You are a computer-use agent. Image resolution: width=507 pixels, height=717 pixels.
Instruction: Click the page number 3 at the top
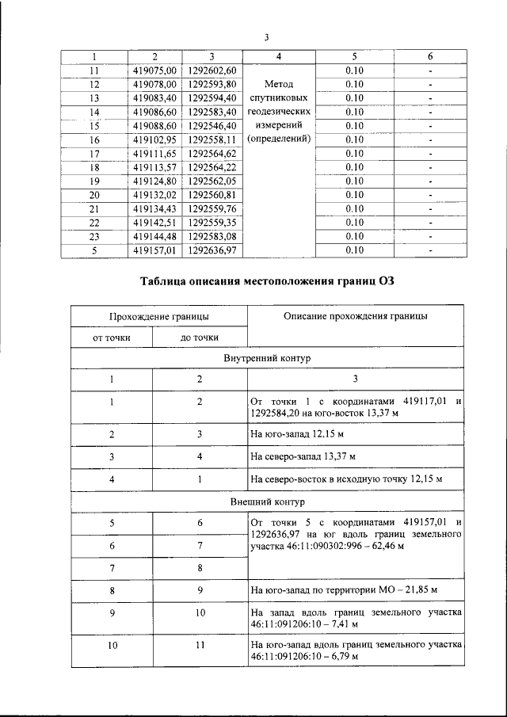tap(267, 36)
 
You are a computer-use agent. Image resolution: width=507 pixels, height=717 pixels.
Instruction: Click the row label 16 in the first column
tap(94, 139)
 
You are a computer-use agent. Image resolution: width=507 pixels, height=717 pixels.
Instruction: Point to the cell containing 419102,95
tap(154, 139)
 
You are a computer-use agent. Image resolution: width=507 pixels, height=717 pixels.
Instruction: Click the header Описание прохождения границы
tap(356, 316)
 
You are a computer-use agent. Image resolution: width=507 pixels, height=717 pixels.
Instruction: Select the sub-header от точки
tap(111, 338)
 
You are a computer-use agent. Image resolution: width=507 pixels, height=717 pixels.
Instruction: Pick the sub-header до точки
tap(200, 338)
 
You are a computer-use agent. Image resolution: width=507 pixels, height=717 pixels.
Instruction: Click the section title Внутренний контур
tap(267, 358)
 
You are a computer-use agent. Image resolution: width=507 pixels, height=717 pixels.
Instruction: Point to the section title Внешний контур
tap(267, 502)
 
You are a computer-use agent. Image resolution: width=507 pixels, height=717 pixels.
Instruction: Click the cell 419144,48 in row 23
tap(154, 236)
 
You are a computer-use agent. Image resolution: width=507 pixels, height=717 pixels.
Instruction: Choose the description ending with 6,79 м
tap(356, 651)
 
